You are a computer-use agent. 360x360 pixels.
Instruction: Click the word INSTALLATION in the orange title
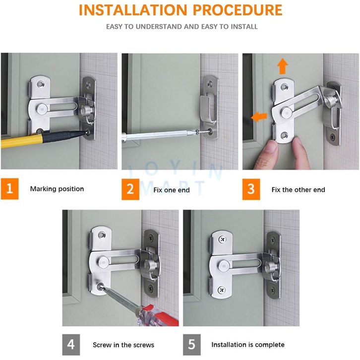(x=133, y=10)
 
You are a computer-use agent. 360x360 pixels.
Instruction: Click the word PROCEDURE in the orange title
(x=238, y=10)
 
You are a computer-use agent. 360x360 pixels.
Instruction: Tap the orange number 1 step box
(x=9, y=189)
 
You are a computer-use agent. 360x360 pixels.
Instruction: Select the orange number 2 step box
(x=130, y=189)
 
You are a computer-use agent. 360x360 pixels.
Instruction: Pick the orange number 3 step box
(x=251, y=189)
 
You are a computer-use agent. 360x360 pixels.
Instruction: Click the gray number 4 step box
(x=71, y=345)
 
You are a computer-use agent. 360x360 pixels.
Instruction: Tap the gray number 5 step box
(x=192, y=345)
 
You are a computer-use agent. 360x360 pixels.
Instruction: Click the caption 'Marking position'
(x=57, y=189)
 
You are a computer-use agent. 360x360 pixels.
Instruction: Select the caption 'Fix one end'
(x=172, y=190)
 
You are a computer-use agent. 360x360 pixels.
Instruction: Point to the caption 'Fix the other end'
(x=298, y=189)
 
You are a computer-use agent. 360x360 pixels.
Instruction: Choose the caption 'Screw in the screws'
(x=123, y=345)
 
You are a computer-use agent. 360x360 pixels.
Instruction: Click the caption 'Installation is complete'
(x=248, y=345)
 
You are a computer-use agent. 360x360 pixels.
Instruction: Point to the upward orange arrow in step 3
(x=283, y=66)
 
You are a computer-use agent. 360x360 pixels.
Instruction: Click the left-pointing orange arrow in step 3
(x=259, y=117)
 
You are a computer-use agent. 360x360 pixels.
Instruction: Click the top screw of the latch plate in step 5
(x=222, y=240)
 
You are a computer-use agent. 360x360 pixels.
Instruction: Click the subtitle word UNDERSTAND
(x=159, y=27)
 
